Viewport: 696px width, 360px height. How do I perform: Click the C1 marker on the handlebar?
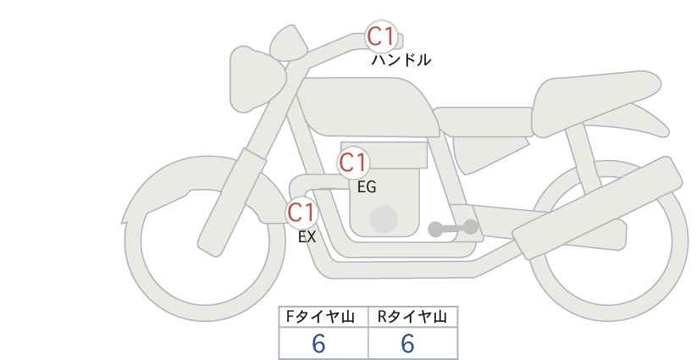pyautogui.click(x=381, y=36)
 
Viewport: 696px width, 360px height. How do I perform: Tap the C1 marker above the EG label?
pyautogui.click(x=353, y=163)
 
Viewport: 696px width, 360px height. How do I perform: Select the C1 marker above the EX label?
pyautogui.click(x=301, y=213)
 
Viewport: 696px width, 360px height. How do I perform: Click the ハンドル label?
pyautogui.click(x=400, y=60)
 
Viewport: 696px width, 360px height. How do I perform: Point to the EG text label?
pyautogui.click(x=367, y=187)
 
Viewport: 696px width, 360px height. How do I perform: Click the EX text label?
pyautogui.click(x=307, y=237)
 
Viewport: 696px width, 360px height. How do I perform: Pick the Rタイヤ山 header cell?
pyautogui.click(x=413, y=317)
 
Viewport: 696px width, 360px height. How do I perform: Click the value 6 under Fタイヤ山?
pyautogui.click(x=318, y=343)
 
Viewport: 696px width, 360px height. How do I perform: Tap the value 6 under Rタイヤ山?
pyautogui.click(x=407, y=343)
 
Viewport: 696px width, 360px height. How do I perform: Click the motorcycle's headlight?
pyautogui.click(x=256, y=80)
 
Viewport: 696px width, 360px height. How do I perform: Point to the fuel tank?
pyautogui.click(x=368, y=107)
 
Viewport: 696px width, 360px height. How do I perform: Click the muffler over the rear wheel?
pyautogui.click(x=598, y=208)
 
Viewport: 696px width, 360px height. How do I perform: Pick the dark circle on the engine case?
pyautogui.click(x=384, y=219)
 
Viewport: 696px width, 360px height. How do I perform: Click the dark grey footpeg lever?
pyautogui.click(x=453, y=228)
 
